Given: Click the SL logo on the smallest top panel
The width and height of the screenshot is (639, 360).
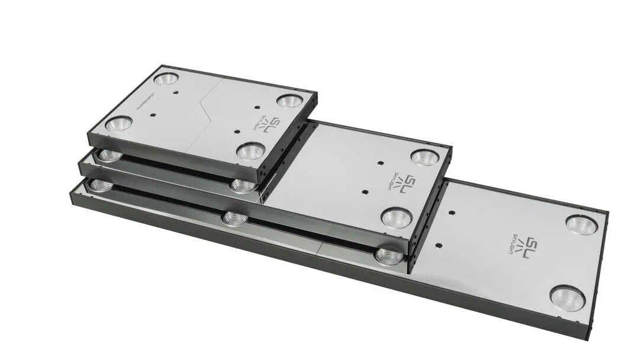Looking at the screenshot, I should coord(269,124).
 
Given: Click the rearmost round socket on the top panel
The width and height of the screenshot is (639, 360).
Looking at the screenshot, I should coord(166,78).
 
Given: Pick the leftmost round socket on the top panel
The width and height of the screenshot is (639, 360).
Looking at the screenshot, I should coord(118,123).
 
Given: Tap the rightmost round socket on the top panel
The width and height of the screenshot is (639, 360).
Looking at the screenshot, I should coord(289,101).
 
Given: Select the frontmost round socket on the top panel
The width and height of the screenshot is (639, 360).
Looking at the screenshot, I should coord(250,151).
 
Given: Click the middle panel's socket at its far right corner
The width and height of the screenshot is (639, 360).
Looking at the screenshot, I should coord(425,157).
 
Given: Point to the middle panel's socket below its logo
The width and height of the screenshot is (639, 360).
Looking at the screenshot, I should coord(396,218).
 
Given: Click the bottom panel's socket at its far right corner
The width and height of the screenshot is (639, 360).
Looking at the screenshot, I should coord(581,224).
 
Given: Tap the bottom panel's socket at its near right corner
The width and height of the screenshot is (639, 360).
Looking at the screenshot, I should coord(567,297).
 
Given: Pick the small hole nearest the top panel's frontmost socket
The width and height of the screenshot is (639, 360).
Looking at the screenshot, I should coord(237,131).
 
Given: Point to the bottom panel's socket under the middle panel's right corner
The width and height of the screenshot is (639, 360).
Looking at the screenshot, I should coord(389,256).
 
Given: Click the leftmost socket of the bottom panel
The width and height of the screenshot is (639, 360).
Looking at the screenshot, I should coord(101,186).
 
